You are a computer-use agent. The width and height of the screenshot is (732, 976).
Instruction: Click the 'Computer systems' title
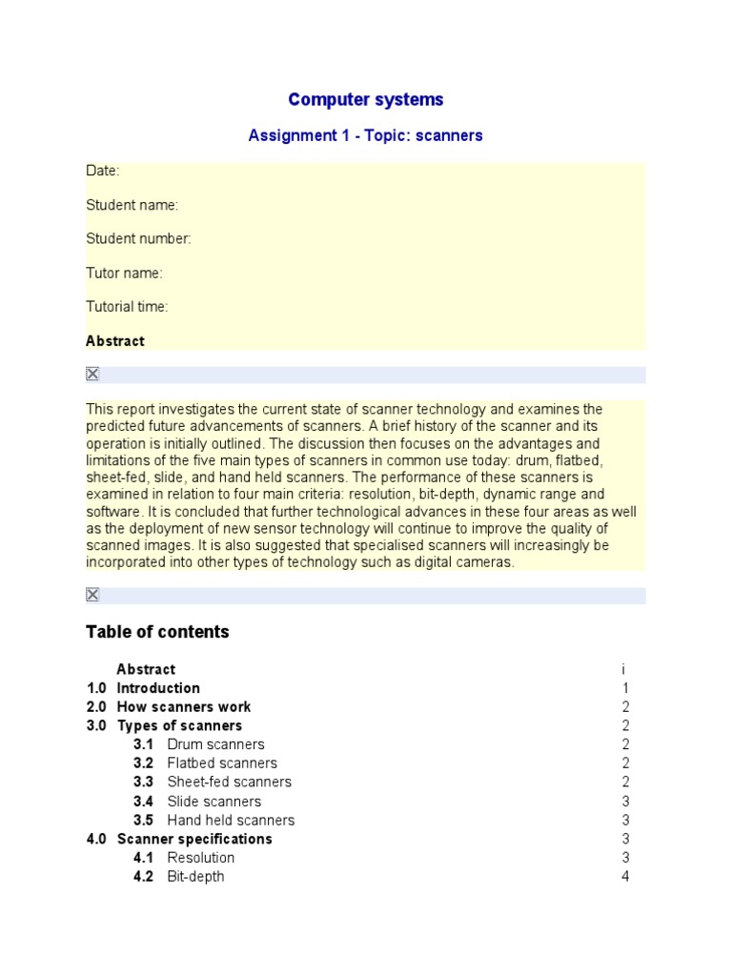(x=365, y=100)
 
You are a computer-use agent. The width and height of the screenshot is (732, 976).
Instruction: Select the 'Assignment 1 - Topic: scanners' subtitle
(x=365, y=135)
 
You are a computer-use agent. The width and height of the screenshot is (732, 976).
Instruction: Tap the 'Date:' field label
(x=103, y=171)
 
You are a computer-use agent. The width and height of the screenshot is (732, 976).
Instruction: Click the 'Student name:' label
(x=132, y=205)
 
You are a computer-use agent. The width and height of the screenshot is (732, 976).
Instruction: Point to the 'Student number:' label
(x=139, y=239)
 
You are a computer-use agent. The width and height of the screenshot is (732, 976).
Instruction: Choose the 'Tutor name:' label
(x=125, y=274)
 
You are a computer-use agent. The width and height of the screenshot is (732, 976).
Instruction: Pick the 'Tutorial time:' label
(x=127, y=307)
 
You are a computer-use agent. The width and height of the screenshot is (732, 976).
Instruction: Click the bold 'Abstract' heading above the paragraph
(x=115, y=341)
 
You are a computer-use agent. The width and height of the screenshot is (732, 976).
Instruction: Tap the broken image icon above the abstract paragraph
(x=92, y=375)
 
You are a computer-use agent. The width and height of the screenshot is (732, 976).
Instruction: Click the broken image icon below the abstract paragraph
(x=92, y=596)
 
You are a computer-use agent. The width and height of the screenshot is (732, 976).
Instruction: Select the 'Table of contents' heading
(x=157, y=632)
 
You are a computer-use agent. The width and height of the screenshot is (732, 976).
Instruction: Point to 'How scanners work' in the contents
(x=184, y=707)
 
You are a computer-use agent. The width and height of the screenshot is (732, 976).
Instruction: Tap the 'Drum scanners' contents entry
(x=215, y=744)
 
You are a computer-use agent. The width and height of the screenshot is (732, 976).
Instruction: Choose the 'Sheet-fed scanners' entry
(x=229, y=782)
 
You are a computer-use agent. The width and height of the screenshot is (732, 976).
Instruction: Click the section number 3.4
(x=143, y=802)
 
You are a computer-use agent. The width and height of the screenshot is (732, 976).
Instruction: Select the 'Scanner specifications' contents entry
(x=194, y=839)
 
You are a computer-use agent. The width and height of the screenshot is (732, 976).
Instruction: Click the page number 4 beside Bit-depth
(x=625, y=876)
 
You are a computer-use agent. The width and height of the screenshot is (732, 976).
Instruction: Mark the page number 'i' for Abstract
(x=623, y=670)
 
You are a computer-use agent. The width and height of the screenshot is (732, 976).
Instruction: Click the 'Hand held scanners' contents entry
(x=231, y=820)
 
